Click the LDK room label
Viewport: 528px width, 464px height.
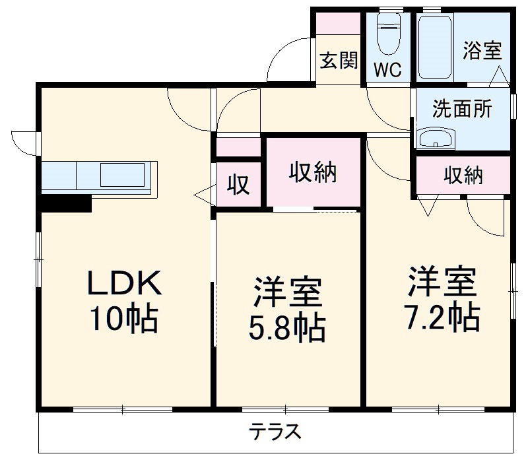pos(123,284)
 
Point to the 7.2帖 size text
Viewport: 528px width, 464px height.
pos(440,318)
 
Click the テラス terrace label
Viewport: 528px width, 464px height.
pos(275,432)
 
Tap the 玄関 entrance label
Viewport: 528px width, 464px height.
pos(339,61)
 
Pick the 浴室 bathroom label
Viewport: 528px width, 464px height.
pos(482,51)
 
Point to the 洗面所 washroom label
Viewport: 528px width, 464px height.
pos(462,109)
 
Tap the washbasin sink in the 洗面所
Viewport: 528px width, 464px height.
pos(436,139)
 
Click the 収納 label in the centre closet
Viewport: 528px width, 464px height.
pos(313,172)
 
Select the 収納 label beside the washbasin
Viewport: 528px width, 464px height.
pos(463,175)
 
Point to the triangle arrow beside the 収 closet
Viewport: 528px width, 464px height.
pos(204,194)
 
